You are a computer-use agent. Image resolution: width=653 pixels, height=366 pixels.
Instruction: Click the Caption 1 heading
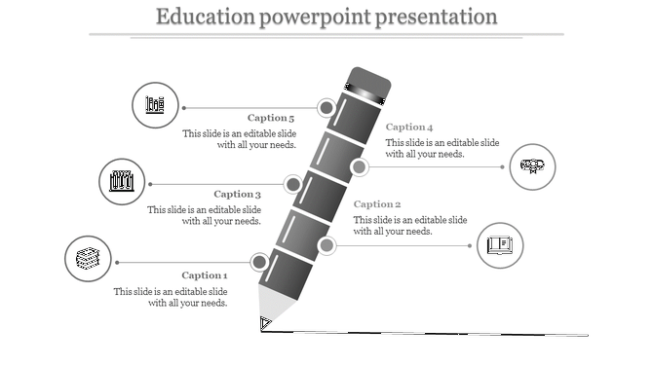204,275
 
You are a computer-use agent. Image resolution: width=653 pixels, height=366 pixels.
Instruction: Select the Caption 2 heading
377,204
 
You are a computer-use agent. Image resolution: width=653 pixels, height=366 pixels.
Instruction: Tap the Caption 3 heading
238,194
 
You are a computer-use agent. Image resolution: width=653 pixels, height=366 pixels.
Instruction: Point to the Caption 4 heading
409,128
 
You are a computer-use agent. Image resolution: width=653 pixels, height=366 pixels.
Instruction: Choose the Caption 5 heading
271,118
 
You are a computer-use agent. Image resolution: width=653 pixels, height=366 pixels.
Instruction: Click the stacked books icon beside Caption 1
88,260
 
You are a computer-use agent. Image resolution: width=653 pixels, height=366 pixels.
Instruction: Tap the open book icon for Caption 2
500,244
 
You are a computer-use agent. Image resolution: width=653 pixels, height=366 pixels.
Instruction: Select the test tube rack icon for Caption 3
122,181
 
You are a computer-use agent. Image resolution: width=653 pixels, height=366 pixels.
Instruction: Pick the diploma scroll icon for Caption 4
533,165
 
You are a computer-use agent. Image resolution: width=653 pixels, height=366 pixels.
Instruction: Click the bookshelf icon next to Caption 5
155,105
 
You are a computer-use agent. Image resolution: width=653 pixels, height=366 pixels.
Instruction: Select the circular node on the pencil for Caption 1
259,262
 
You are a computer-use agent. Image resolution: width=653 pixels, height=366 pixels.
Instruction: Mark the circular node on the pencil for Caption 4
359,167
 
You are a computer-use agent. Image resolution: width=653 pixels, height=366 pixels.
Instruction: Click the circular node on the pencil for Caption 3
291,184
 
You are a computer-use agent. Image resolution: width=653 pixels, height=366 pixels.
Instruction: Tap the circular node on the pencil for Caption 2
326,244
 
